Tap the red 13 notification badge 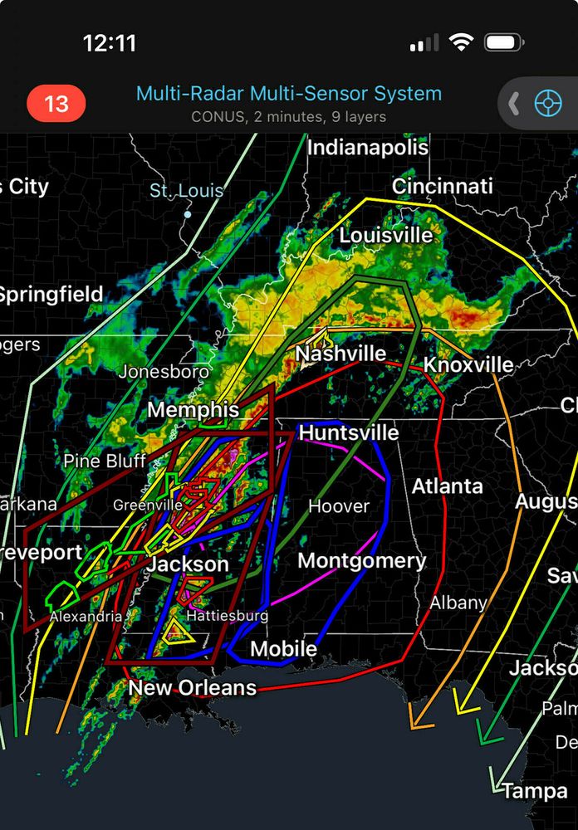[56, 104]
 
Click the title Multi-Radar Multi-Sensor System [289, 94]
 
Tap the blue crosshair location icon [547, 104]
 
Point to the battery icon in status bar [503, 42]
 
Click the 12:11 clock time [110, 43]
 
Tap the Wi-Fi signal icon [461, 42]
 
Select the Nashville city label [340, 354]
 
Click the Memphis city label [193, 410]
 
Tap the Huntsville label [349, 433]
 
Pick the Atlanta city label [448, 486]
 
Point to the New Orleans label [192, 688]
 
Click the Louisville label [386, 236]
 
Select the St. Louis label [186, 191]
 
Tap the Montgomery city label [361, 561]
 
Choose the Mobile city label [283, 649]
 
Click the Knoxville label [468, 365]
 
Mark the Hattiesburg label [227, 616]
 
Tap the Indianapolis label [368, 148]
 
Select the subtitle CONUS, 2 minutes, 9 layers [289, 117]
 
